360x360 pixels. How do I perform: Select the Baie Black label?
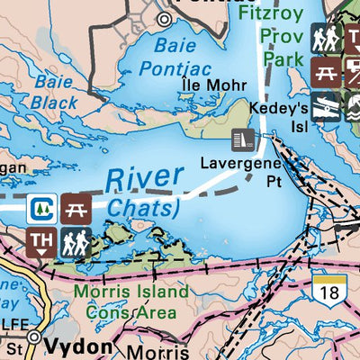(54, 92)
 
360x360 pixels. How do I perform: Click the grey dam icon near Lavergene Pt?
(243, 139)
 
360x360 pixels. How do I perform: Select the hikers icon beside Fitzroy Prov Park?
(325, 39)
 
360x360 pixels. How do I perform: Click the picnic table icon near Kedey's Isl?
(325, 71)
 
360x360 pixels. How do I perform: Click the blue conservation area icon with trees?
(42, 209)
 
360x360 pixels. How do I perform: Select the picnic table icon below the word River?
(76, 209)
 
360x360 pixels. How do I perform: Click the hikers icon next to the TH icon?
(76, 241)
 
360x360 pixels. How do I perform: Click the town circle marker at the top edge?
(164, 18)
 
